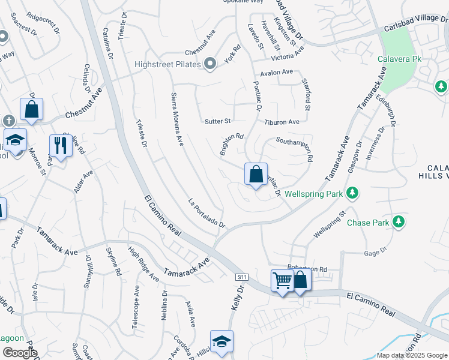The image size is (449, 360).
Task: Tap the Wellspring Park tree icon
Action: pos(354,193)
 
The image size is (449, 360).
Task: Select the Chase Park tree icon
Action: pos(398,223)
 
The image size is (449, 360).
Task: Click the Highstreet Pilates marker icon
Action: pos(209,64)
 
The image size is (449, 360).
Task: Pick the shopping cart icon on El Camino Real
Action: pos(282,280)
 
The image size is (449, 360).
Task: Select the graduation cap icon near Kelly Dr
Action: pos(221,341)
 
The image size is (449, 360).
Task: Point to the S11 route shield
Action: pos(242,277)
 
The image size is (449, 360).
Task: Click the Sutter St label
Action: pos(218,121)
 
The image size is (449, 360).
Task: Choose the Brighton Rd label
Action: pos(231,144)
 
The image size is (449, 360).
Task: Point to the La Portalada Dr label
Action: pos(206,213)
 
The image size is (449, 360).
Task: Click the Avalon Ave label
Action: pos(276,72)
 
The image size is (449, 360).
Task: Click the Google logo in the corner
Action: pos(19,352)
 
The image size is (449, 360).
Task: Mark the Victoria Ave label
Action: pos(288,56)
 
